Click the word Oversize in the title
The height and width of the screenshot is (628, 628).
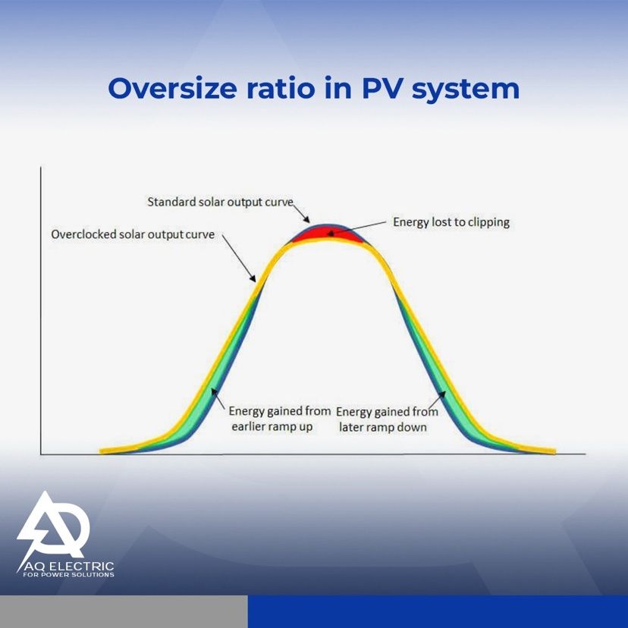[172, 88]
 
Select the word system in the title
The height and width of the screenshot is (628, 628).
[466, 90]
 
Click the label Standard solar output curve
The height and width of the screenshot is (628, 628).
[220, 202]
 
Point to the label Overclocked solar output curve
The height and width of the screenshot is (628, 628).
[133, 234]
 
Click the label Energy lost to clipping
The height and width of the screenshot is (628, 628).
[451, 222]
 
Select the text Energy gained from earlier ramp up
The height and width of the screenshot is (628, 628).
[279, 419]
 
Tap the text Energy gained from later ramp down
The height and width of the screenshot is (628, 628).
[387, 419]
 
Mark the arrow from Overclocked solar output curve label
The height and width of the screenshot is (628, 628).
[239, 259]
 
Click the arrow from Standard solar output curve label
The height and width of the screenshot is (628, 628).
[302, 213]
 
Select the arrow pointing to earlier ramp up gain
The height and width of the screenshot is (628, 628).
[218, 398]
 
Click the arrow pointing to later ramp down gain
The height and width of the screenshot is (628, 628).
[437, 399]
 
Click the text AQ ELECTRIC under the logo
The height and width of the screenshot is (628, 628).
[69, 567]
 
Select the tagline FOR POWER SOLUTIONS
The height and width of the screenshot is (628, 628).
[68, 575]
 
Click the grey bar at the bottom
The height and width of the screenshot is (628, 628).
[124, 611]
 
